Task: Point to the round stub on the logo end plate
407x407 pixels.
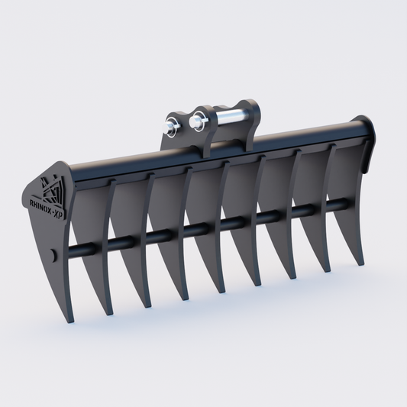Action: pos(51,255)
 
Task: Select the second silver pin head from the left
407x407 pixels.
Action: pos(197,121)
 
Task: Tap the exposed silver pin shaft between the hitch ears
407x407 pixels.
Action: pos(230,115)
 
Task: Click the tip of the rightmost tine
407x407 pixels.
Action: pos(361,263)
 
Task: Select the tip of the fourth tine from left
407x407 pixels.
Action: pos(222,291)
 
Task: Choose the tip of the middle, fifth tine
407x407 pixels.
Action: pos(259,283)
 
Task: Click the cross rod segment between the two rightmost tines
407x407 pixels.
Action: pos(341,205)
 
